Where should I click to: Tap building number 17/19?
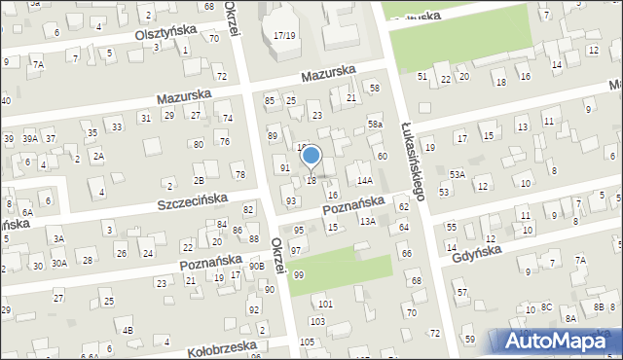pyautogui.click(x=284, y=35)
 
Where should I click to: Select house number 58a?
pyautogui.click(x=375, y=125)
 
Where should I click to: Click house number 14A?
pyautogui.click(x=365, y=180)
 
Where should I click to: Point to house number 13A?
pyautogui.click(x=366, y=222)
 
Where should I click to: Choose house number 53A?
pyautogui.click(x=458, y=174)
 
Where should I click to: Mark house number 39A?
pyautogui.click(x=30, y=139)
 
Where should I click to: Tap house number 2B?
pyautogui.click(x=199, y=180)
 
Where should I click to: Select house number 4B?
pyautogui.click(x=128, y=330)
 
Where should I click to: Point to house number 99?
pyautogui.click(x=298, y=275)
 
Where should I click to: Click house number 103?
pyautogui.click(x=316, y=321)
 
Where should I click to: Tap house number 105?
pyautogui.click(x=307, y=342)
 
